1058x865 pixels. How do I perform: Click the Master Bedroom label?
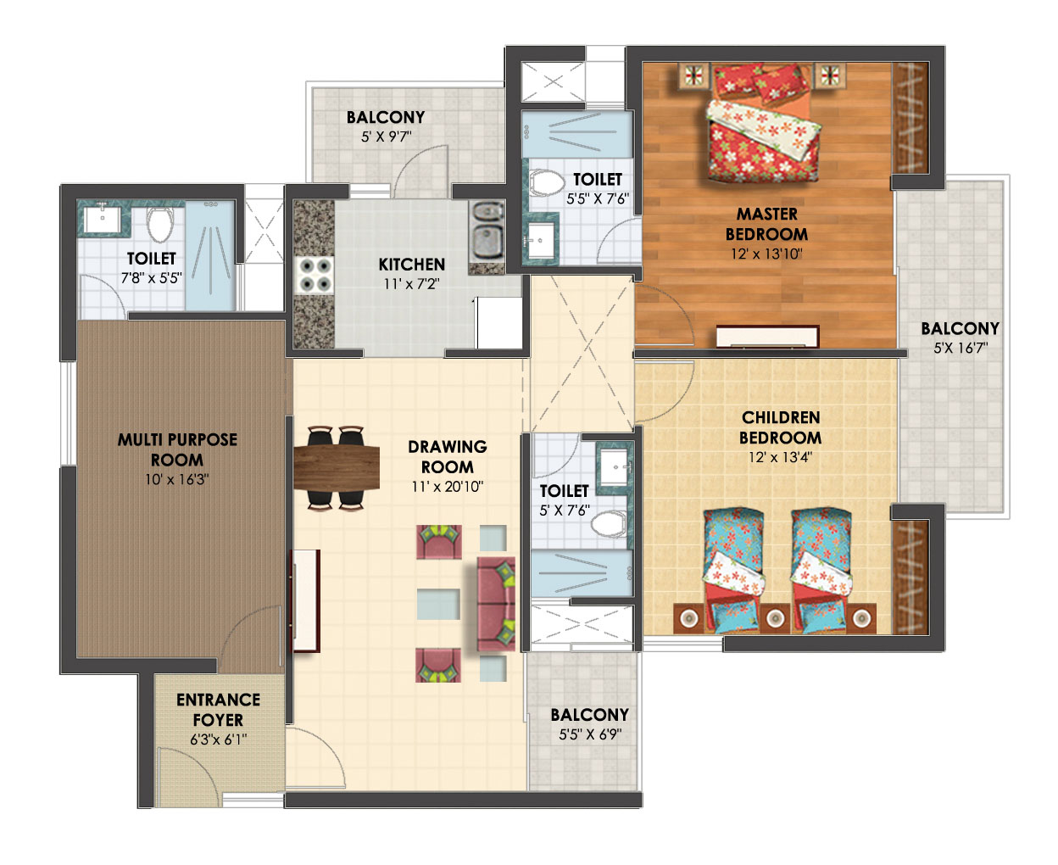pyautogui.click(x=766, y=224)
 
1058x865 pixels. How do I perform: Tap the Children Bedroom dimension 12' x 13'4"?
pyautogui.click(x=780, y=457)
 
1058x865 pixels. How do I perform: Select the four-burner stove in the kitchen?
pyautogui.click(x=314, y=275)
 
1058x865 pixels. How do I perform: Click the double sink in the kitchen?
pyautogui.click(x=486, y=232)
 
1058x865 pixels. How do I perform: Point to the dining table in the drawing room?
pyautogui.click(x=336, y=467)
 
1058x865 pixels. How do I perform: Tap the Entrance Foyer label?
pyautogui.click(x=218, y=710)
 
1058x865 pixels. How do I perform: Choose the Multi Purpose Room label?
pyautogui.click(x=177, y=449)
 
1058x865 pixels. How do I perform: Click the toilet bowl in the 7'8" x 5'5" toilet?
pyautogui.click(x=159, y=223)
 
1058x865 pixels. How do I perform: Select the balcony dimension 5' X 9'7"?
pyautogui.click(x=386, y=136)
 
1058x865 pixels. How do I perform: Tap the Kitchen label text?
pyautogui.click(x=411, y=265)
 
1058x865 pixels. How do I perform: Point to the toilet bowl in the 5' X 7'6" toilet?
pyautogui.click(x=608, y=523)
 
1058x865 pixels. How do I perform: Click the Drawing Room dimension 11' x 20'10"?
pyautogui.click(x=447, y=486)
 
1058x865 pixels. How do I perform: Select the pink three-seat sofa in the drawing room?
pyautogui.click(x=496, y=604)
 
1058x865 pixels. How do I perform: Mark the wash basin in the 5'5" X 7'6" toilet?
pyautogui.click(x=540, y=240)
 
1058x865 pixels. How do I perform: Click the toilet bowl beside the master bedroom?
pyautogui.click(x=547, y=183)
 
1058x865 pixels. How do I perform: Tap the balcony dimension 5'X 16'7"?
pyautogui.click(x=961, y=347)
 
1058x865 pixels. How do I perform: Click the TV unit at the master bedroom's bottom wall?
pyautogui.click(x=766, y=336)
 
